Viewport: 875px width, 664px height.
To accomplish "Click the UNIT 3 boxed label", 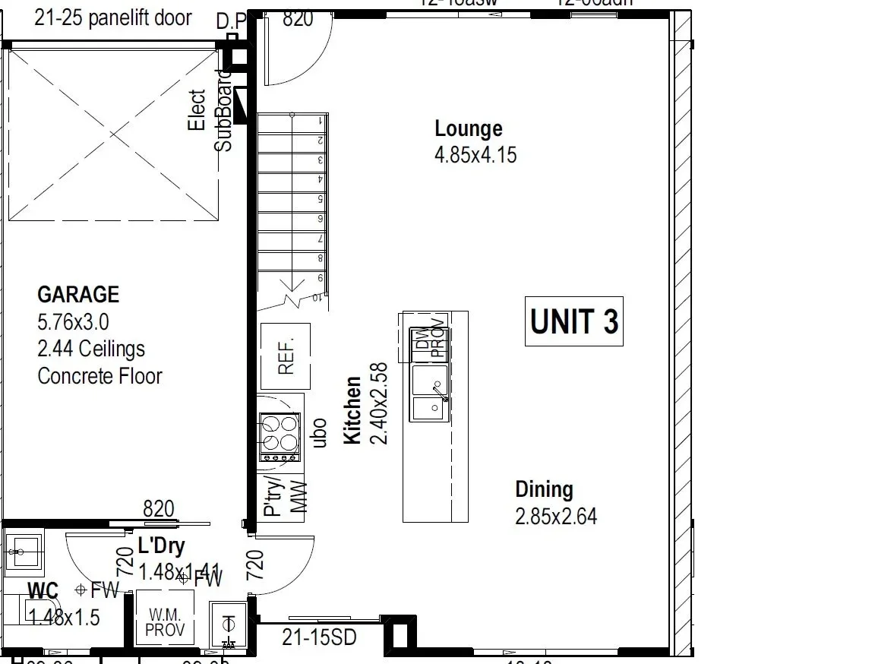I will click(x=574, y=321).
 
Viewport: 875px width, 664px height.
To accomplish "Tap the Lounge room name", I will click(x=468, y=128).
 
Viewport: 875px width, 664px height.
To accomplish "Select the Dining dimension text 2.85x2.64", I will click(x=556, y=517).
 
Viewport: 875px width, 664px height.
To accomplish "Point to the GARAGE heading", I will click(x=78, y=294).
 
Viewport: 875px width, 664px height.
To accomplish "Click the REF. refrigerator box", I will click(x=286, y=356).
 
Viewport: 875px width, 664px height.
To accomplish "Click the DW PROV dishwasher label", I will click(x=429, y=343).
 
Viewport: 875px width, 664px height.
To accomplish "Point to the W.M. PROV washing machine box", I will click(x=165, y=620).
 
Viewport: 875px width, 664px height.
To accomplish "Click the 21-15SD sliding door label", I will click(x=319, y=637).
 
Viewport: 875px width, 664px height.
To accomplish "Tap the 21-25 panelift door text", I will click(x=113, y=17).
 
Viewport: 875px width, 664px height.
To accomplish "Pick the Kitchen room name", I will click(x=352, y=410).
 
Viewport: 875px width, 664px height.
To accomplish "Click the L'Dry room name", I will click(x=161, y=545).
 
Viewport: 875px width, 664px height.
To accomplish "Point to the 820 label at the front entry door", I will click(x=298, y=19).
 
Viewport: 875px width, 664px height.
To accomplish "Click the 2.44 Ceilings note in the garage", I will click(x=91, y=349).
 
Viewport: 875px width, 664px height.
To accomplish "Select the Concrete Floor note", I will click(x=100, y=376).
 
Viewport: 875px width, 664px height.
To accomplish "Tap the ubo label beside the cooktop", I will click(x=320, y=432).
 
